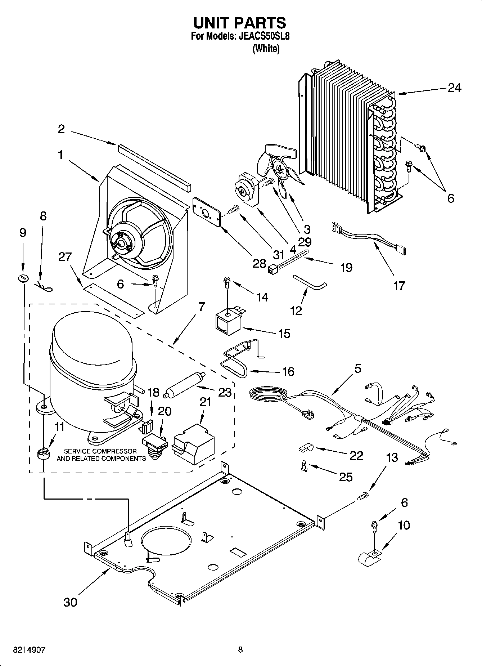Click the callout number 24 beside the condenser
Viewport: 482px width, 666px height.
pyautogui.click(x=454, y=88)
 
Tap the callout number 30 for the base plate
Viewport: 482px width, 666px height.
pyautogui.click(x=70, y=602)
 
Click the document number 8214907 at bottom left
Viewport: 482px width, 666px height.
pyautogui.click(x=29, y=650)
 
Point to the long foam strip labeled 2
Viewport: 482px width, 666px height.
pyautogui.click(x=154, y=167)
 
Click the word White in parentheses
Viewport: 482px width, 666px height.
pyautogui.click(x=266, y=49)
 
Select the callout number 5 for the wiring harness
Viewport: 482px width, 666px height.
pyautogui.click(x=357, y=369)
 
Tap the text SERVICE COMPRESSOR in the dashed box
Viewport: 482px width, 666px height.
pyautogui.click(x=100, y=451)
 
